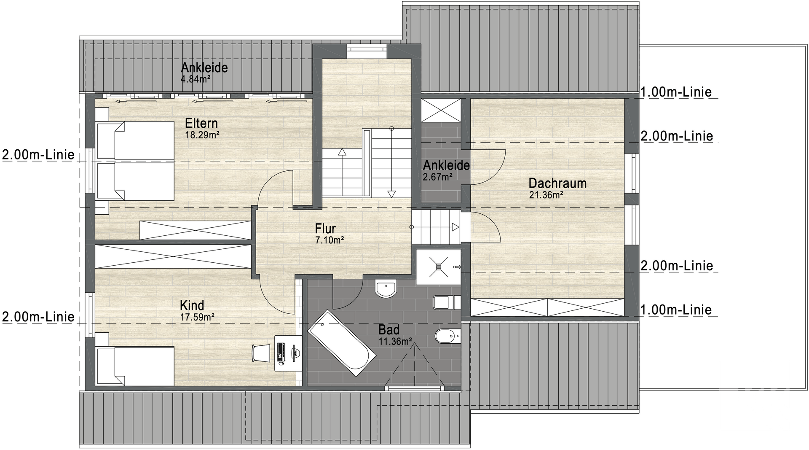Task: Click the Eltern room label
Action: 201,123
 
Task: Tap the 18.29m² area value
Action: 202,135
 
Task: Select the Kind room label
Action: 192,305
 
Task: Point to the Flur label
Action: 325,229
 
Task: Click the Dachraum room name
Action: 557,183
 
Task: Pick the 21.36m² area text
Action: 546,195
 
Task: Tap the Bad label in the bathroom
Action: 388,329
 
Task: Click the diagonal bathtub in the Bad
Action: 342,340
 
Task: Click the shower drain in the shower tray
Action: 438,266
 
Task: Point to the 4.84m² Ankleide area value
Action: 196,79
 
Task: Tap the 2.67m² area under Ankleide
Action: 438,177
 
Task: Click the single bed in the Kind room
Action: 135,366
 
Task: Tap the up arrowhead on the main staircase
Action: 342,152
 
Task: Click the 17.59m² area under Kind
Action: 197,317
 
